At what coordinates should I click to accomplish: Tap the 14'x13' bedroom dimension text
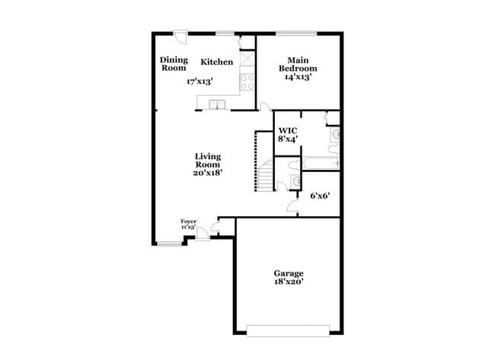tap(299, 77)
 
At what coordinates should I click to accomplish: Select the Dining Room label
tap(173, 64)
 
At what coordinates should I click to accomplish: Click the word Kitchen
tap(216, 62)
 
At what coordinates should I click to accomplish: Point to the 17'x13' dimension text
tap(200, 81)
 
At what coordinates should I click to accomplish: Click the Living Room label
tap(207, 160)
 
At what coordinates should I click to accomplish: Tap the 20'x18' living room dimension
tap(207, 173)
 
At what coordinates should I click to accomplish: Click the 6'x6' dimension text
tap(320, 196)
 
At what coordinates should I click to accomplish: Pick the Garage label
tap(289, 273)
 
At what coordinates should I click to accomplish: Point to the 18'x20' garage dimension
tap(289, 283)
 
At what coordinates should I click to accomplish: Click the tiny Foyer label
tap(188, 221)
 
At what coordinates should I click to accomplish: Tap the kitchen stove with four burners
tap(248, 81)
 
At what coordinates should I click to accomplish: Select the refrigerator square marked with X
tap(247, 59)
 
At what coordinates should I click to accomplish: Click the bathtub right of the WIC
tap(320, 162)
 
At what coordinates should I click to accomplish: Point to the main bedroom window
tap(296, 33)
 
